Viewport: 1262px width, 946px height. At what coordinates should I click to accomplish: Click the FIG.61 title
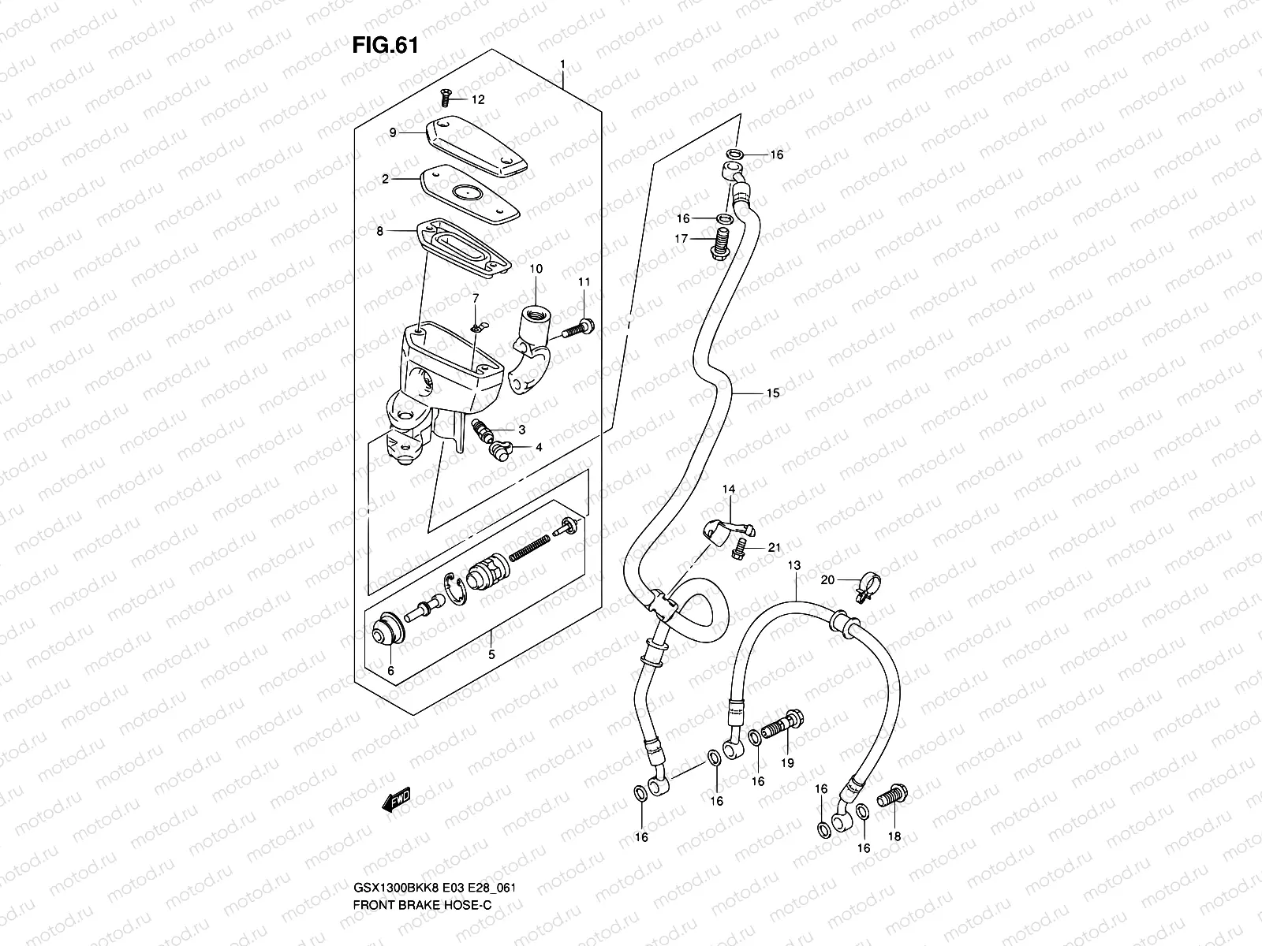tap(384, 46)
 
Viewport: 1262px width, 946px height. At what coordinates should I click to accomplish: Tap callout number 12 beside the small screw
tap(479, 100)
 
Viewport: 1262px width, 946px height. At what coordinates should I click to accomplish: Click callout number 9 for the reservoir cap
tap(414, 133)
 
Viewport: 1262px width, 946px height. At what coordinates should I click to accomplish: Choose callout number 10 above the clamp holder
tap(536, 269)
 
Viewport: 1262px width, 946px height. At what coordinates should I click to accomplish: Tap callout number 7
tap(476, 297)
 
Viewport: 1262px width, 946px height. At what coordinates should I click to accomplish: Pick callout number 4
tap(539, 447)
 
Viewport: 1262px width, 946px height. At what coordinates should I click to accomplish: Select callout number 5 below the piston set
tap(491, 654)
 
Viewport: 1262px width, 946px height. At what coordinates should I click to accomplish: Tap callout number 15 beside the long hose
tap(772, 393)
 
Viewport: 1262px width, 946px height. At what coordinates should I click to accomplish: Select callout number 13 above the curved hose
tap(793, 565)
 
